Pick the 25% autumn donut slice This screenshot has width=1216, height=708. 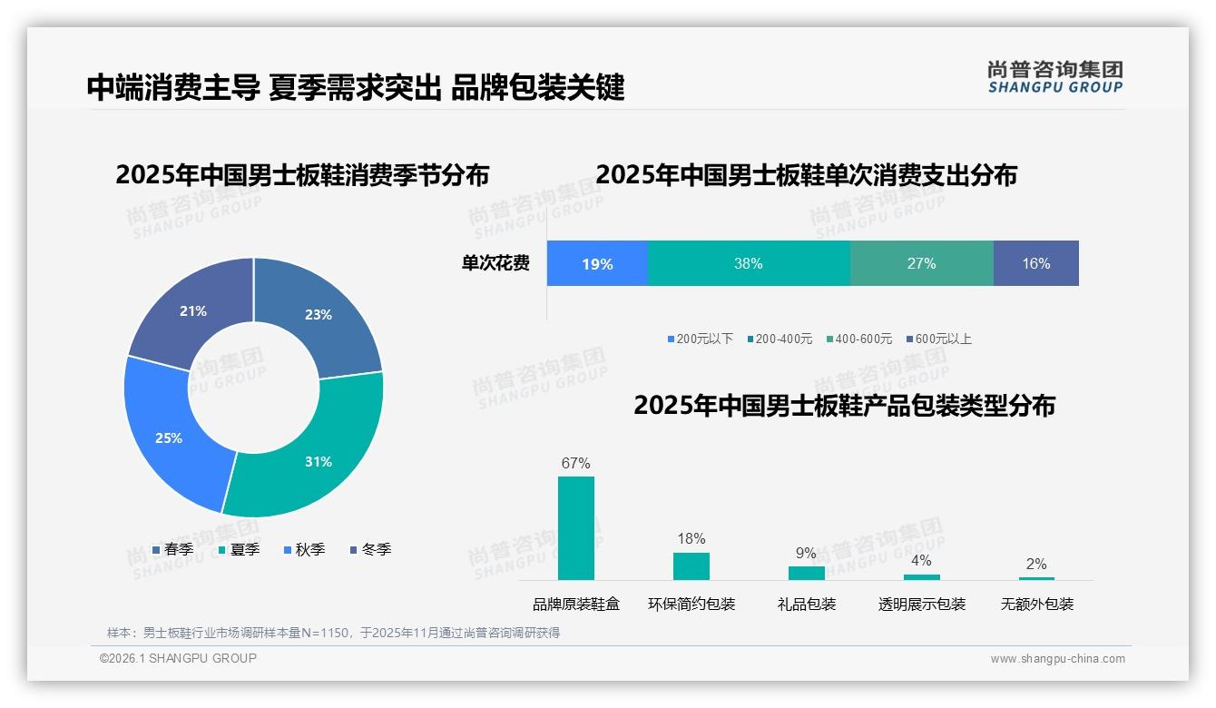click(x=169, y=438)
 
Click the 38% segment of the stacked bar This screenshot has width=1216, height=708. click(x=749, y=263)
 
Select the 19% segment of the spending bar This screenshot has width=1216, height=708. click(x=597, y=264)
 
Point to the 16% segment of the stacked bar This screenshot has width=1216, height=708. click(x=1035, y=263)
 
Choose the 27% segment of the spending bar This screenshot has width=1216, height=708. click(x=921, y=263)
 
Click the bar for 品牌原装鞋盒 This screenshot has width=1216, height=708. click(x=575, y=528)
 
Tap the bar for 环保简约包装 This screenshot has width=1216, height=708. click(x=691, y=565)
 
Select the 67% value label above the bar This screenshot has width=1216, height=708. click(x=575, y=463)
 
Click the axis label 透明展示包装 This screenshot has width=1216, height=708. click(x=921, y=605)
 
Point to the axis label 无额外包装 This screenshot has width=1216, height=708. click(x=1036, y=605)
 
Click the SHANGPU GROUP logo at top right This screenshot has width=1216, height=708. click(x=1054, y=76)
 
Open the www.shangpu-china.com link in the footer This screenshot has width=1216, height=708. click(x=1057, y=659)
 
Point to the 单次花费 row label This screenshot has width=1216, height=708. click(x=495, y=263)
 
